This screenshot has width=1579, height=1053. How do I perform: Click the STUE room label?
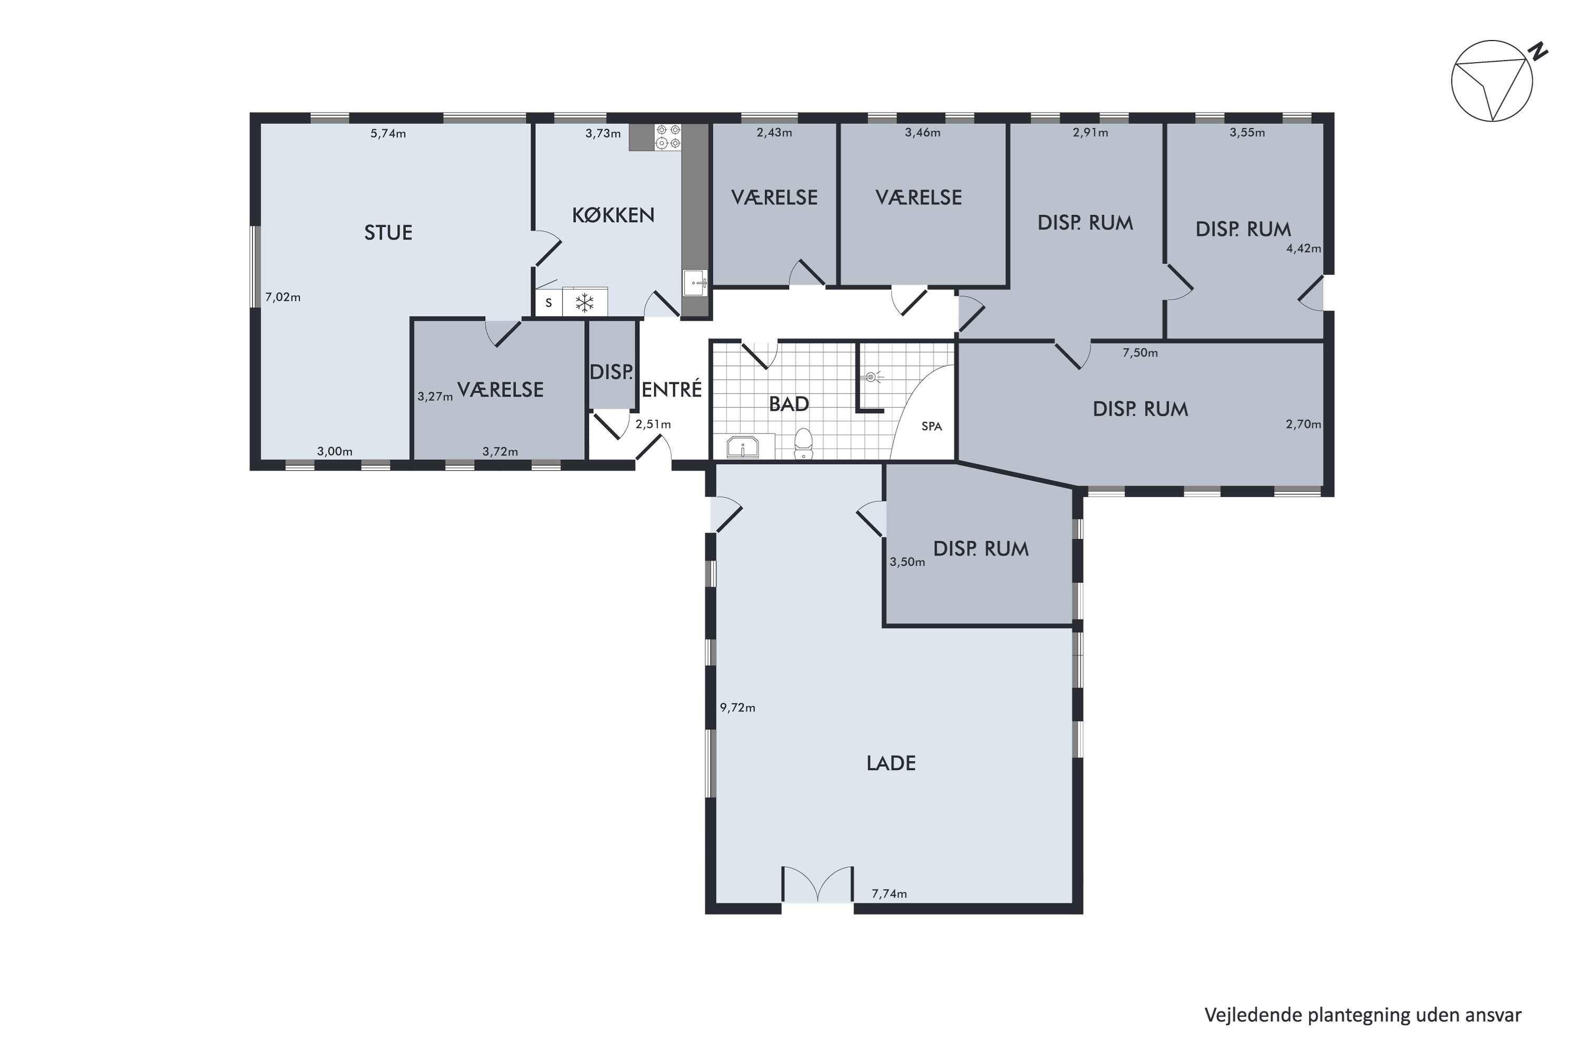(x=388, y=232)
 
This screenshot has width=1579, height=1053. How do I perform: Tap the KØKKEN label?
(x=613, y=215)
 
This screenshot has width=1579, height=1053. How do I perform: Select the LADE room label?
(x=891, y=763)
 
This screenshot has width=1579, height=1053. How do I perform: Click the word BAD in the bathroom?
(x=789, y=404)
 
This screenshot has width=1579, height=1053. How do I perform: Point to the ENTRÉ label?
(x=672, y=389)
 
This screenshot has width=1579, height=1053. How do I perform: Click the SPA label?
(x=932, y=426)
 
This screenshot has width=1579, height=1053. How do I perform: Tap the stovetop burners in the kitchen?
(x=668, y=136)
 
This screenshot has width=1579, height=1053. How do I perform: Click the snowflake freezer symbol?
(x=585, y=303)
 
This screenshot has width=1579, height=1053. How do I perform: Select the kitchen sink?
(x=695, y=283)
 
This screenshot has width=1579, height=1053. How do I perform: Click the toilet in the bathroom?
(x=803, y=444)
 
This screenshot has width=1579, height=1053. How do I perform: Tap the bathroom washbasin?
(x=743, y=446)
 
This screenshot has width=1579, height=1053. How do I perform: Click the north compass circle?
(x=1492, y=81)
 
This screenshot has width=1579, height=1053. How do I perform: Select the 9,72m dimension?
(x=737, y=708)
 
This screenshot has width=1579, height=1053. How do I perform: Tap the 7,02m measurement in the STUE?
(x=283, y=297)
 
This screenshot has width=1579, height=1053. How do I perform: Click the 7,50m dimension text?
(x=1140, y=353)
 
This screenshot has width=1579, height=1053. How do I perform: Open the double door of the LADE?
(x=818, y=885)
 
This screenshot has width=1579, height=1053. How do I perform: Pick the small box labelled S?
(x=548, y=303)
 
